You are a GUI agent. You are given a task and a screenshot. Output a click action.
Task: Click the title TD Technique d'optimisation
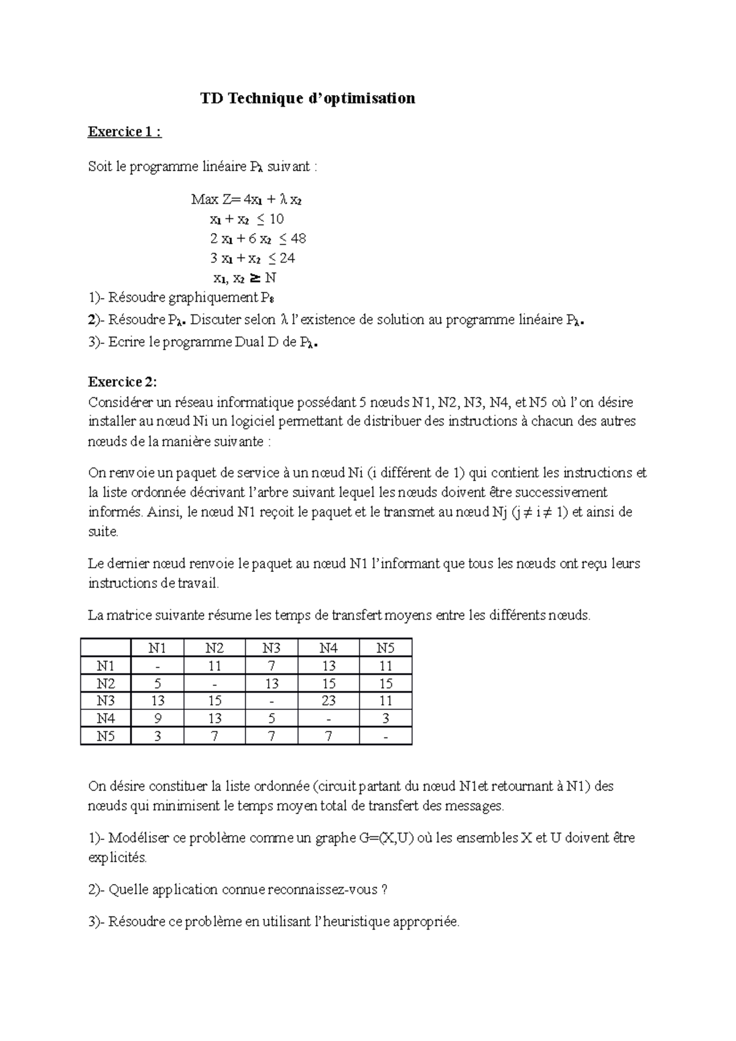308,98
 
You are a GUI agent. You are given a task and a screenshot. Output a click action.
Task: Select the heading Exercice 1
125,132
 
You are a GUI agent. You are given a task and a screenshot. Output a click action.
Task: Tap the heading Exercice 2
123,382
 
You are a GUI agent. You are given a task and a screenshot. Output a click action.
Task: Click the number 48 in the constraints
298,238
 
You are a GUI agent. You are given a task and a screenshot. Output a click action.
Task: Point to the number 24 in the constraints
287,258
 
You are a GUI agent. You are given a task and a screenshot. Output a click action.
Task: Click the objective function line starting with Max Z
246,199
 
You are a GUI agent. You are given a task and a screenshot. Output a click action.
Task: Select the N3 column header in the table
271,648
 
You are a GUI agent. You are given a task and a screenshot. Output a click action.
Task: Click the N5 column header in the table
385,648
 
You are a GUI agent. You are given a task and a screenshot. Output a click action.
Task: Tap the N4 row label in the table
105,719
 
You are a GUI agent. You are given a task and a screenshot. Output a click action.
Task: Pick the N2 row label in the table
105,684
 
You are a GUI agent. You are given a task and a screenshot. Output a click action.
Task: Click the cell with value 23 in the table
328,701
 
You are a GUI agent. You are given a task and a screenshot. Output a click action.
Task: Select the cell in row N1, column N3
271,666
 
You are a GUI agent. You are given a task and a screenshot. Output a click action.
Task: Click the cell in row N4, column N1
158,719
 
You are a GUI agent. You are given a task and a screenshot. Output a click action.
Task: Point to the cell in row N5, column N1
158,736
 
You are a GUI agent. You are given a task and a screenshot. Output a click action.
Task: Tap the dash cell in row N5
385,736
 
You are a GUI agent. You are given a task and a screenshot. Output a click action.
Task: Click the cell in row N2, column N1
158,684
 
